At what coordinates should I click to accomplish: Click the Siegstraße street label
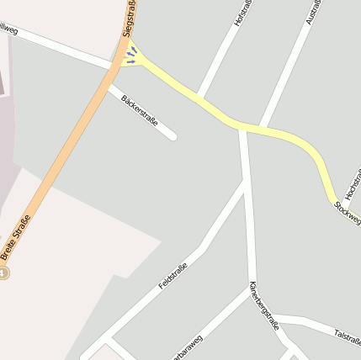(x=129, y=19)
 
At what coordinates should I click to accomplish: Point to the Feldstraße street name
(x=173, y=277)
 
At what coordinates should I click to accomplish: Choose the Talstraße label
(x=347, y=336)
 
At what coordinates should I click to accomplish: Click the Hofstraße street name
(x=243, y=14)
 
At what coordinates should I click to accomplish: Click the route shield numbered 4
(x=3, y=273)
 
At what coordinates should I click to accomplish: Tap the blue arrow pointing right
(x=131, y=61)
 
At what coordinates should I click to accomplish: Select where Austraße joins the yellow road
(x=263, y=127)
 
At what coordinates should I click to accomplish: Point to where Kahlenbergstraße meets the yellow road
(x=243, y=127)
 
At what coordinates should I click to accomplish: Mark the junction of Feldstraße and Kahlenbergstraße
(x=247, y=183)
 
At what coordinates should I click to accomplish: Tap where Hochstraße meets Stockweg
(x=334, y=201)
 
